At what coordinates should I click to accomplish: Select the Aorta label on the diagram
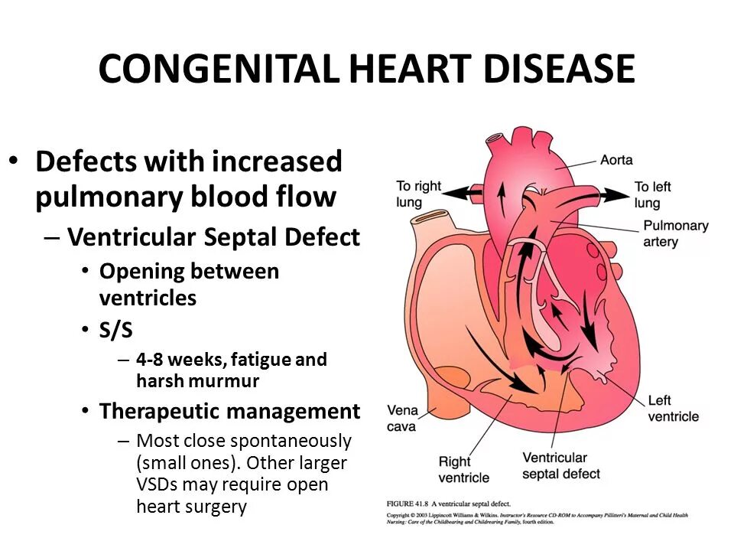(x=616, y=160)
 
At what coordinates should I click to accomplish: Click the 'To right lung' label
(x=419, y=194)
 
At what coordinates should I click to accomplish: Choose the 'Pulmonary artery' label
(x=675, y=233)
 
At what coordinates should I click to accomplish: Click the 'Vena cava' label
(x=402, y=418)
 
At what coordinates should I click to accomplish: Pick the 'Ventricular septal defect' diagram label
(x=562, y=465)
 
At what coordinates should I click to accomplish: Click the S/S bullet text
(x=117, y=331)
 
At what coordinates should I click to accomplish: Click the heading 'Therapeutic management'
(x=229, y=412)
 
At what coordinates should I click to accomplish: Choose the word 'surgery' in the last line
(x=213, y=506)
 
